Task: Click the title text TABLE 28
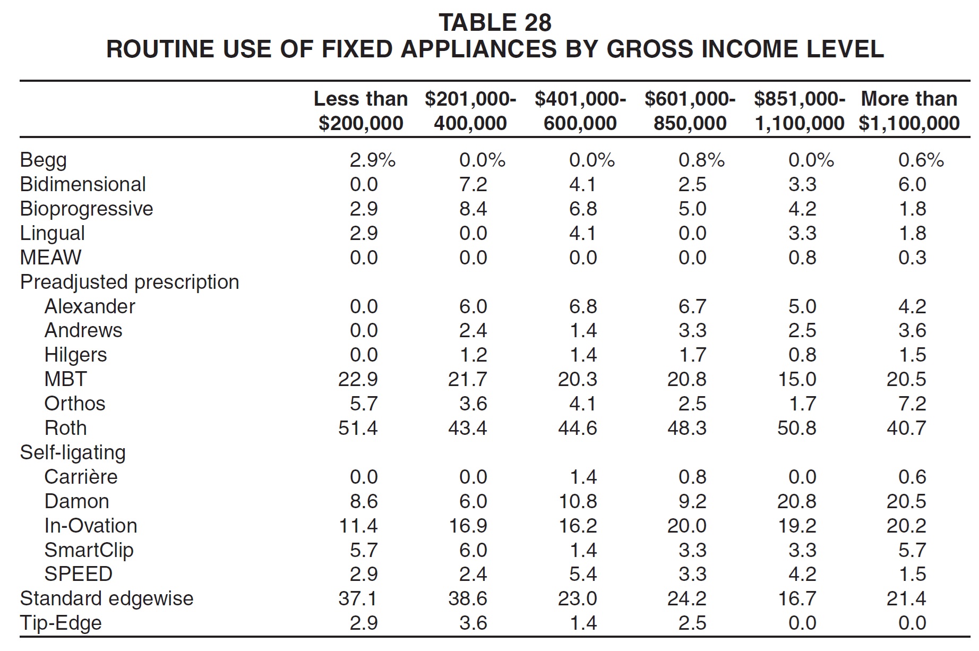point(495,23)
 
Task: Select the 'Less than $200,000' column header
point(361,110)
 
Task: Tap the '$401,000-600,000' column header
point(580,110)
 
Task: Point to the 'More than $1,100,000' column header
point(909,110)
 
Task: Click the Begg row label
point(44,160)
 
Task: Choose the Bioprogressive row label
point(87,209)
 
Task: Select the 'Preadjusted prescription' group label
point(130,282)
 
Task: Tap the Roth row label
point(65,428)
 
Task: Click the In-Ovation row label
point(91,526)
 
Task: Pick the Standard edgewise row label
point(107,599)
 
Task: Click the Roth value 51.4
point(358,428)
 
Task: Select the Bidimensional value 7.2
point(473,184)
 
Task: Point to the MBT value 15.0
point(797,379)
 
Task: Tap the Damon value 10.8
point(578,501)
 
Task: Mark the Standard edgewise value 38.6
point(468,598)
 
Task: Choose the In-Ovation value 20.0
point(687,526)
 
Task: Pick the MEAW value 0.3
point(912,258)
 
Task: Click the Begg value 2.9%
point(372,160)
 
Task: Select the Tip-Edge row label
point(61,623)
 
